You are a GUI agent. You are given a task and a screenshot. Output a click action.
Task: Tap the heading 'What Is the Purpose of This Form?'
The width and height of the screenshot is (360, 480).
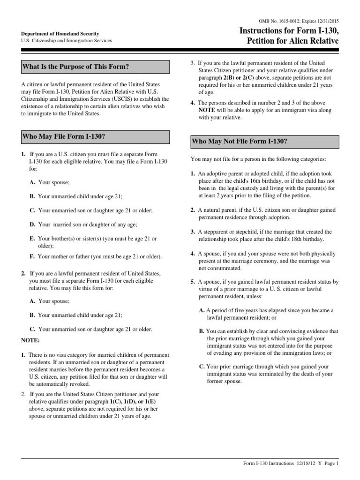tap(75, 67)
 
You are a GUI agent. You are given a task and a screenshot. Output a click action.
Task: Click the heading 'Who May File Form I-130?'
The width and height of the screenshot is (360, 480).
tap(64, 136)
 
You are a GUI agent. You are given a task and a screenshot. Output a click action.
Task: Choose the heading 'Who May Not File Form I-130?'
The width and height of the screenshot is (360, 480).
tap(240, 142)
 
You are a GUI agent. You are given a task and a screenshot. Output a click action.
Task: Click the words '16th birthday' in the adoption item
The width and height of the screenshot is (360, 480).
tap(253, 180)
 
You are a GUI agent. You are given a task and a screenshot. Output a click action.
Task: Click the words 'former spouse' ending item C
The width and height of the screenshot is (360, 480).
tap(223, 381)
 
